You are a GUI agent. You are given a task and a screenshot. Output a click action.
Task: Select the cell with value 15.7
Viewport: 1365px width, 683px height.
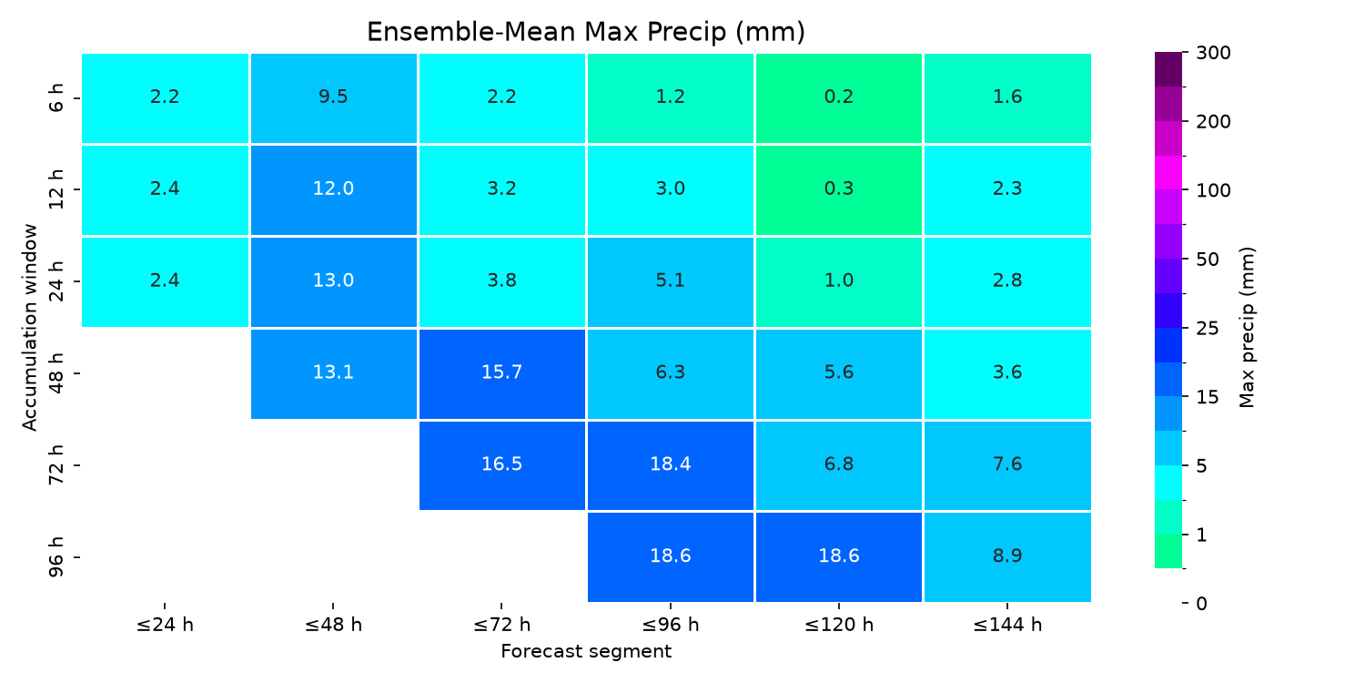[502, 373]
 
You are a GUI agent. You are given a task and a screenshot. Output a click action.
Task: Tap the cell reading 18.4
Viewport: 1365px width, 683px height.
[671, 465]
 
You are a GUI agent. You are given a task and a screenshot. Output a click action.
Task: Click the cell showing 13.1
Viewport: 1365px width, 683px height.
[333, 373]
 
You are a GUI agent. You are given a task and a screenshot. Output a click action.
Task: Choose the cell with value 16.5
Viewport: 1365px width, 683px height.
[502, 465]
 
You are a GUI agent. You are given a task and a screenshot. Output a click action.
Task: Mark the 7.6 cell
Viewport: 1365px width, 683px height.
[1007, 465]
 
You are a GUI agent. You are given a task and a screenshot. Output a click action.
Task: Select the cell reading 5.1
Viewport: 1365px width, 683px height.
[671, 281]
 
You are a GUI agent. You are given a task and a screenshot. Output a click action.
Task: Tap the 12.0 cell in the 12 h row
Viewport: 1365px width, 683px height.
[333, 189]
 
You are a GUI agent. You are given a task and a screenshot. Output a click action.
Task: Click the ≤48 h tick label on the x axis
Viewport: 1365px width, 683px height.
[333, 625]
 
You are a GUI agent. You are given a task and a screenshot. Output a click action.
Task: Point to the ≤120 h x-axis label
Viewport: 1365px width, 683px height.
[838, 625]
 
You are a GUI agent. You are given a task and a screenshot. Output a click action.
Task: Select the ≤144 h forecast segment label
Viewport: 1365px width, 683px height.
[1007, 625]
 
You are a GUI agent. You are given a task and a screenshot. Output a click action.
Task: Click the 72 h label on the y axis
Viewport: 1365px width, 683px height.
[56, 465]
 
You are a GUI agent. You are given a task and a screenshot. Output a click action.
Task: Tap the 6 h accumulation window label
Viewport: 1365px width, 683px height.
[56, 98]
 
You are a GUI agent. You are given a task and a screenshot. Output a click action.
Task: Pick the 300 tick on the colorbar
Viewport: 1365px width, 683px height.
[1213, 53]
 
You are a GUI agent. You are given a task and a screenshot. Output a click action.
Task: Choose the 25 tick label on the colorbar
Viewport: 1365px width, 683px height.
[1208, 329]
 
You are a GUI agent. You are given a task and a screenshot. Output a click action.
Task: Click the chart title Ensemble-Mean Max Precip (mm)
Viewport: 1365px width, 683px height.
[586, 32]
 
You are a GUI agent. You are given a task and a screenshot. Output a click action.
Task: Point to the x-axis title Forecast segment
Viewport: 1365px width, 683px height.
[586, 651]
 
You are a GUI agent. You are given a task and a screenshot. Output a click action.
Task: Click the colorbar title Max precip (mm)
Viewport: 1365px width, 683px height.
[1247, 328]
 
